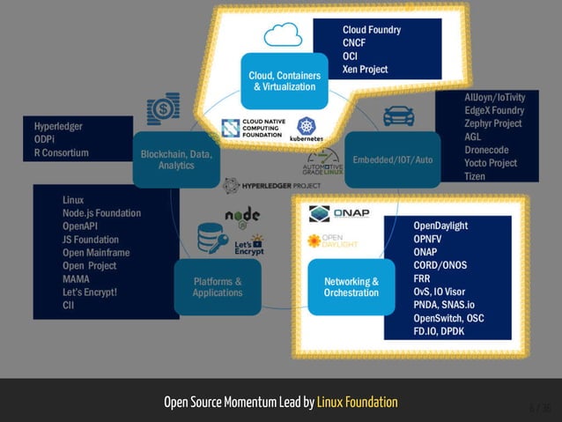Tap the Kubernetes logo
[x=307, y=128]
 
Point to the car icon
[x=397, y=116]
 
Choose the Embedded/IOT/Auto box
[x=392, y=159]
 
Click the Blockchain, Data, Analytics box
[x=176, y=159]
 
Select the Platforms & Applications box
[x=218, y=287]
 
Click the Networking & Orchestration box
[x=351, y=287]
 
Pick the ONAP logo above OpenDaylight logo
[x=339, y=213]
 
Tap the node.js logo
[x=242, y=216]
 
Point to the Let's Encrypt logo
[x=243, y=244]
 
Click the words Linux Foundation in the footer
[x=357, y=402]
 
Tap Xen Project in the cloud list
[x=365, y=70]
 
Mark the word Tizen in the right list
[x=475, y=176]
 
